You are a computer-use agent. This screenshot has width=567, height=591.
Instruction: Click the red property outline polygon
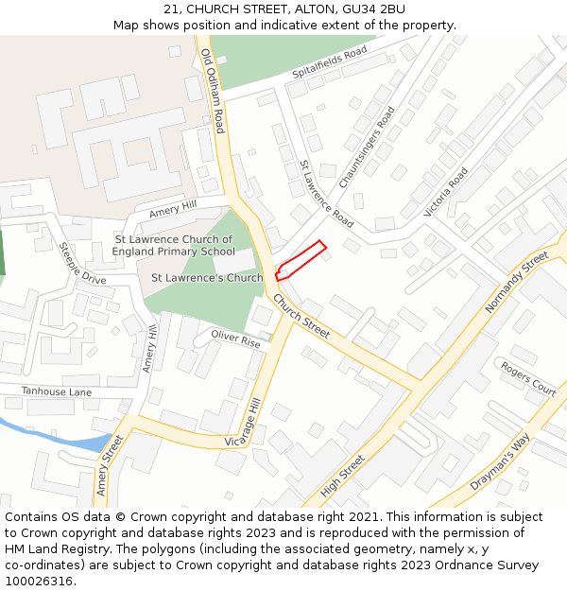point(301,260)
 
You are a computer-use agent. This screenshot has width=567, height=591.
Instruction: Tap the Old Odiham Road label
point(214,91)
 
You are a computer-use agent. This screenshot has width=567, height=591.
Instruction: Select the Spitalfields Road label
point(329,62)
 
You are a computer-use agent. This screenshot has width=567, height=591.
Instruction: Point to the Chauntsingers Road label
point(367,146)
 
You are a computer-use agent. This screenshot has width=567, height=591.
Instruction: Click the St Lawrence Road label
point(326,194)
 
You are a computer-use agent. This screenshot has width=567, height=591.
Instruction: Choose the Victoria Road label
point(446,193)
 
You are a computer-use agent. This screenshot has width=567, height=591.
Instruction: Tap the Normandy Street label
point(516,283)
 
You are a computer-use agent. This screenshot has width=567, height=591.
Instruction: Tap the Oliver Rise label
point(235,339)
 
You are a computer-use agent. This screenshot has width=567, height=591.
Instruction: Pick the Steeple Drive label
point(82,264)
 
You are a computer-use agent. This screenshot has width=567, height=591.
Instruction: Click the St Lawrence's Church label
point(207,278)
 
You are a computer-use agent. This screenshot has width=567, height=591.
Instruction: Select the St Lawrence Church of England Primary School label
point(173,246)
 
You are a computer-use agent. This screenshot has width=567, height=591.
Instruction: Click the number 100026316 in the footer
point(38,582)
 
